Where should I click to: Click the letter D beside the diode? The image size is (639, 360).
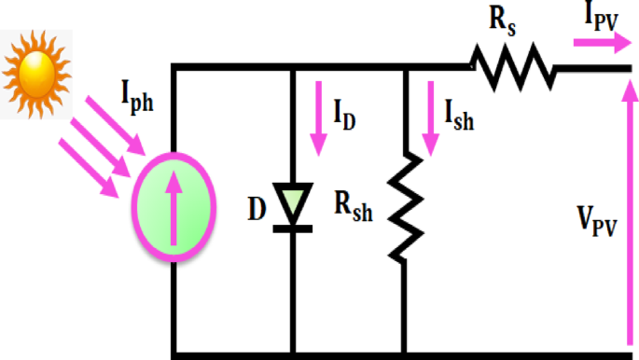(257, 209)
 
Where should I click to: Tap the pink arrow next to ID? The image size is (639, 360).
(318, 117)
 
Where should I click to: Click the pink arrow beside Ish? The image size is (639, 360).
(431, 117)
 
